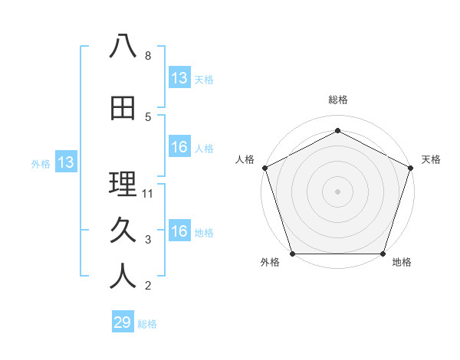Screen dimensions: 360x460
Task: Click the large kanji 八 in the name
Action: pos(123,47)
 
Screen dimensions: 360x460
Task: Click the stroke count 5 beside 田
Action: pos(147,117)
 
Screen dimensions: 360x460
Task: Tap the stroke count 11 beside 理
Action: pos(149,194)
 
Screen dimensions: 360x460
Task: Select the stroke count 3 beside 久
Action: pos(147,241)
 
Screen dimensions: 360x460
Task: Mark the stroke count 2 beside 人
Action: pos(147,286)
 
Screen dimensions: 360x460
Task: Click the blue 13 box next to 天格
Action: pos(179,77)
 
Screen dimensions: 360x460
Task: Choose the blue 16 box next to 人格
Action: pos(179,147)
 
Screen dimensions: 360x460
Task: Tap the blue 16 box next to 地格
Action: pos(179,231)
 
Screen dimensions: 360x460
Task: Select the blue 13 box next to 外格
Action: pos(65,162)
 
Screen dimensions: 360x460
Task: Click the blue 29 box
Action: pos(123,322)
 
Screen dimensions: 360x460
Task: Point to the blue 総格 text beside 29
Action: pos(147,324)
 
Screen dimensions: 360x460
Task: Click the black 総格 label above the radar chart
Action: pos(337,100)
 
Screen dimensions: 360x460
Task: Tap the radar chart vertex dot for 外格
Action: pos(292,254)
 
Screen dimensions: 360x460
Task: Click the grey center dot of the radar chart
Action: pos(337,191)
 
